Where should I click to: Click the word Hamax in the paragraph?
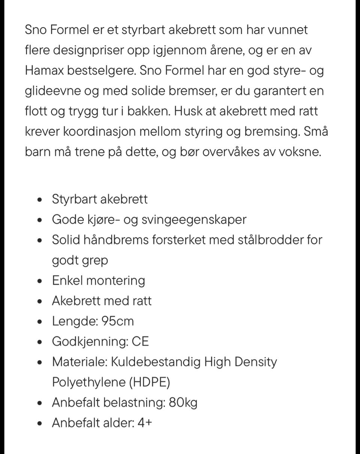click(44, 70)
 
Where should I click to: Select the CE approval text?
click(141, 342)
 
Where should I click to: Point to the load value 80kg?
click(183, 403)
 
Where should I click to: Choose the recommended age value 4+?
click(145, 423)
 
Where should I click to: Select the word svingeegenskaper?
click(194, 219)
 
